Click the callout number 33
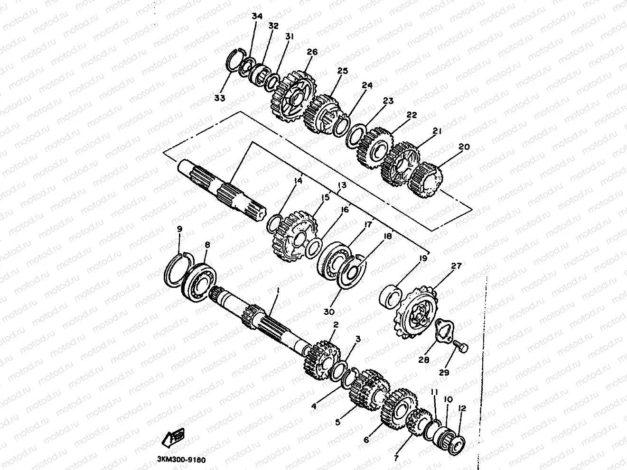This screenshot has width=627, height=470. tap(219, 98)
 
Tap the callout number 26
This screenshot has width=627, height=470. tap(312, 52)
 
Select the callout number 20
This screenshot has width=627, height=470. tap(464, 147)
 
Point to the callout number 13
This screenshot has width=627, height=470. tap(342, 185)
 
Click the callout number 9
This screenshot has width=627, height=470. tap(179, 230)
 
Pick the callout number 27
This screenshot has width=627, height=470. tap(456, 267)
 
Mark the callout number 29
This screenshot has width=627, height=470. tap(443, 373)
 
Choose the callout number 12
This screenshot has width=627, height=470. tap(462, 408)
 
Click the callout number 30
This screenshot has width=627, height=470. tap(329, 312)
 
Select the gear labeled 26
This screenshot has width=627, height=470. tap(290, 96)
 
